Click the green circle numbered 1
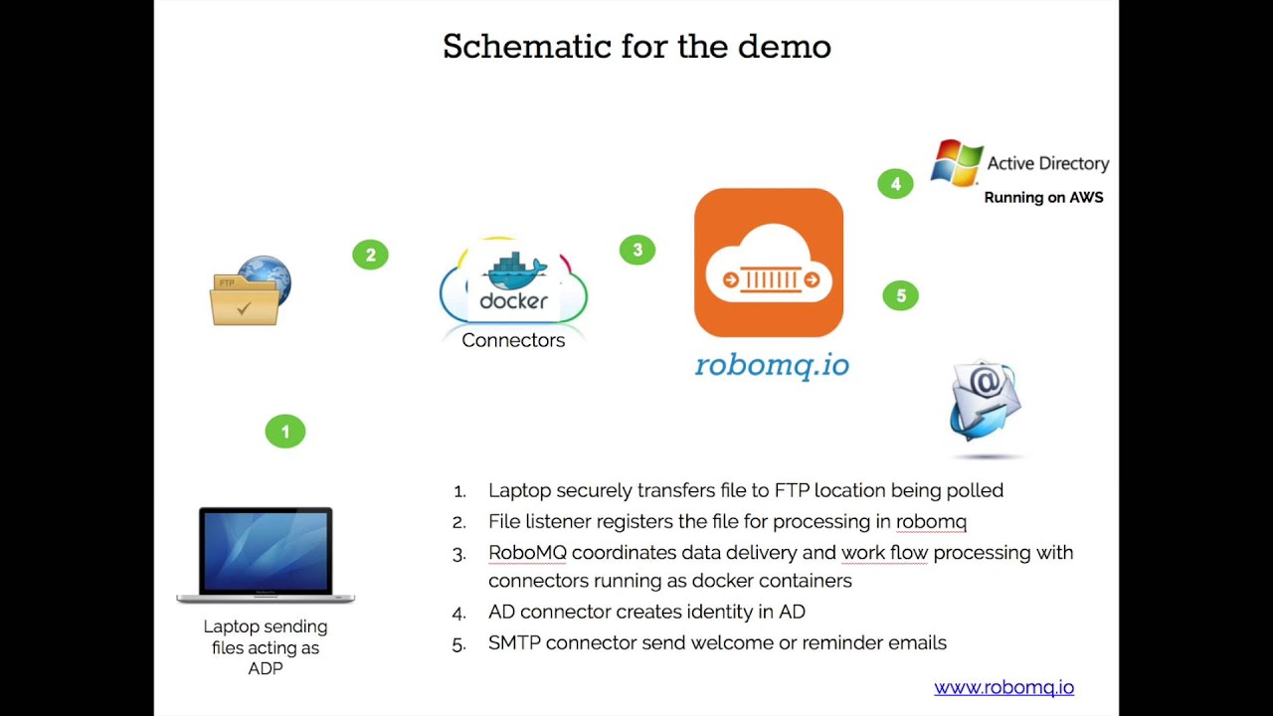tap(285, 432)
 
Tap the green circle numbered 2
tap(370, 255)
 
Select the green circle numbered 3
tap(637, 250)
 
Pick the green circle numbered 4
tap(895, 184)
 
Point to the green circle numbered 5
tap(901, 295)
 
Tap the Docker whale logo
tap(513, 270)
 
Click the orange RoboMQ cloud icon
tap(769, 263)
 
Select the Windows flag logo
tap(956, 163)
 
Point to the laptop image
tap(266, 555)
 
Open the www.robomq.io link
tap(1003, 687)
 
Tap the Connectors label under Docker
tap(513, 340)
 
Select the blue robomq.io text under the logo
tap(772, 365)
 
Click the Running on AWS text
tap(1043, 197)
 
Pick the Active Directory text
tap(1047, 163)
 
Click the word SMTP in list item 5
tap(514, 642)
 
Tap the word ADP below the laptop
tap(266, 668)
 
